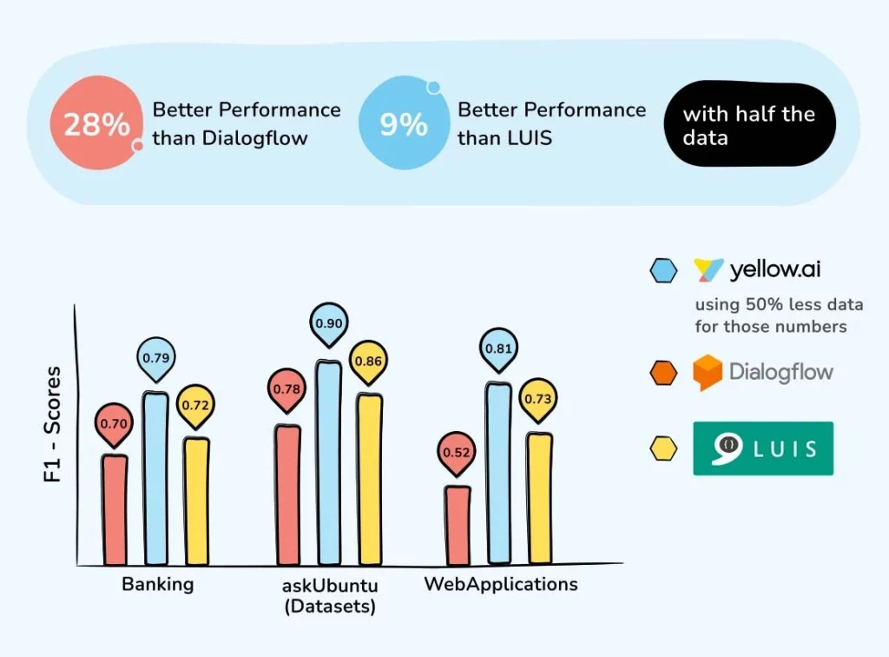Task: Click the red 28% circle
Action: [96, 123]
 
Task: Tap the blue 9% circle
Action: [404, 123]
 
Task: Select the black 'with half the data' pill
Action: [749, 124]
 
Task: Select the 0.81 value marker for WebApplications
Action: [498, 349]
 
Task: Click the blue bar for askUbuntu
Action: [329, 462]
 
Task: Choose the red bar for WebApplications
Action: [457, 526]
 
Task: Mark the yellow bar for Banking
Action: [196, 501]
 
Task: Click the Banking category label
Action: [158, 584]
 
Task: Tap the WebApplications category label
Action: [501, 584]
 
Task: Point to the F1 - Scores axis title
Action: [52, 424]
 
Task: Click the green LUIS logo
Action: [763, 448]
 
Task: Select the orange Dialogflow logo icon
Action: [708, 372]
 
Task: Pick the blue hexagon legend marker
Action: [663, 270]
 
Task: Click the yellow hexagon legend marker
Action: [663, 448]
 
